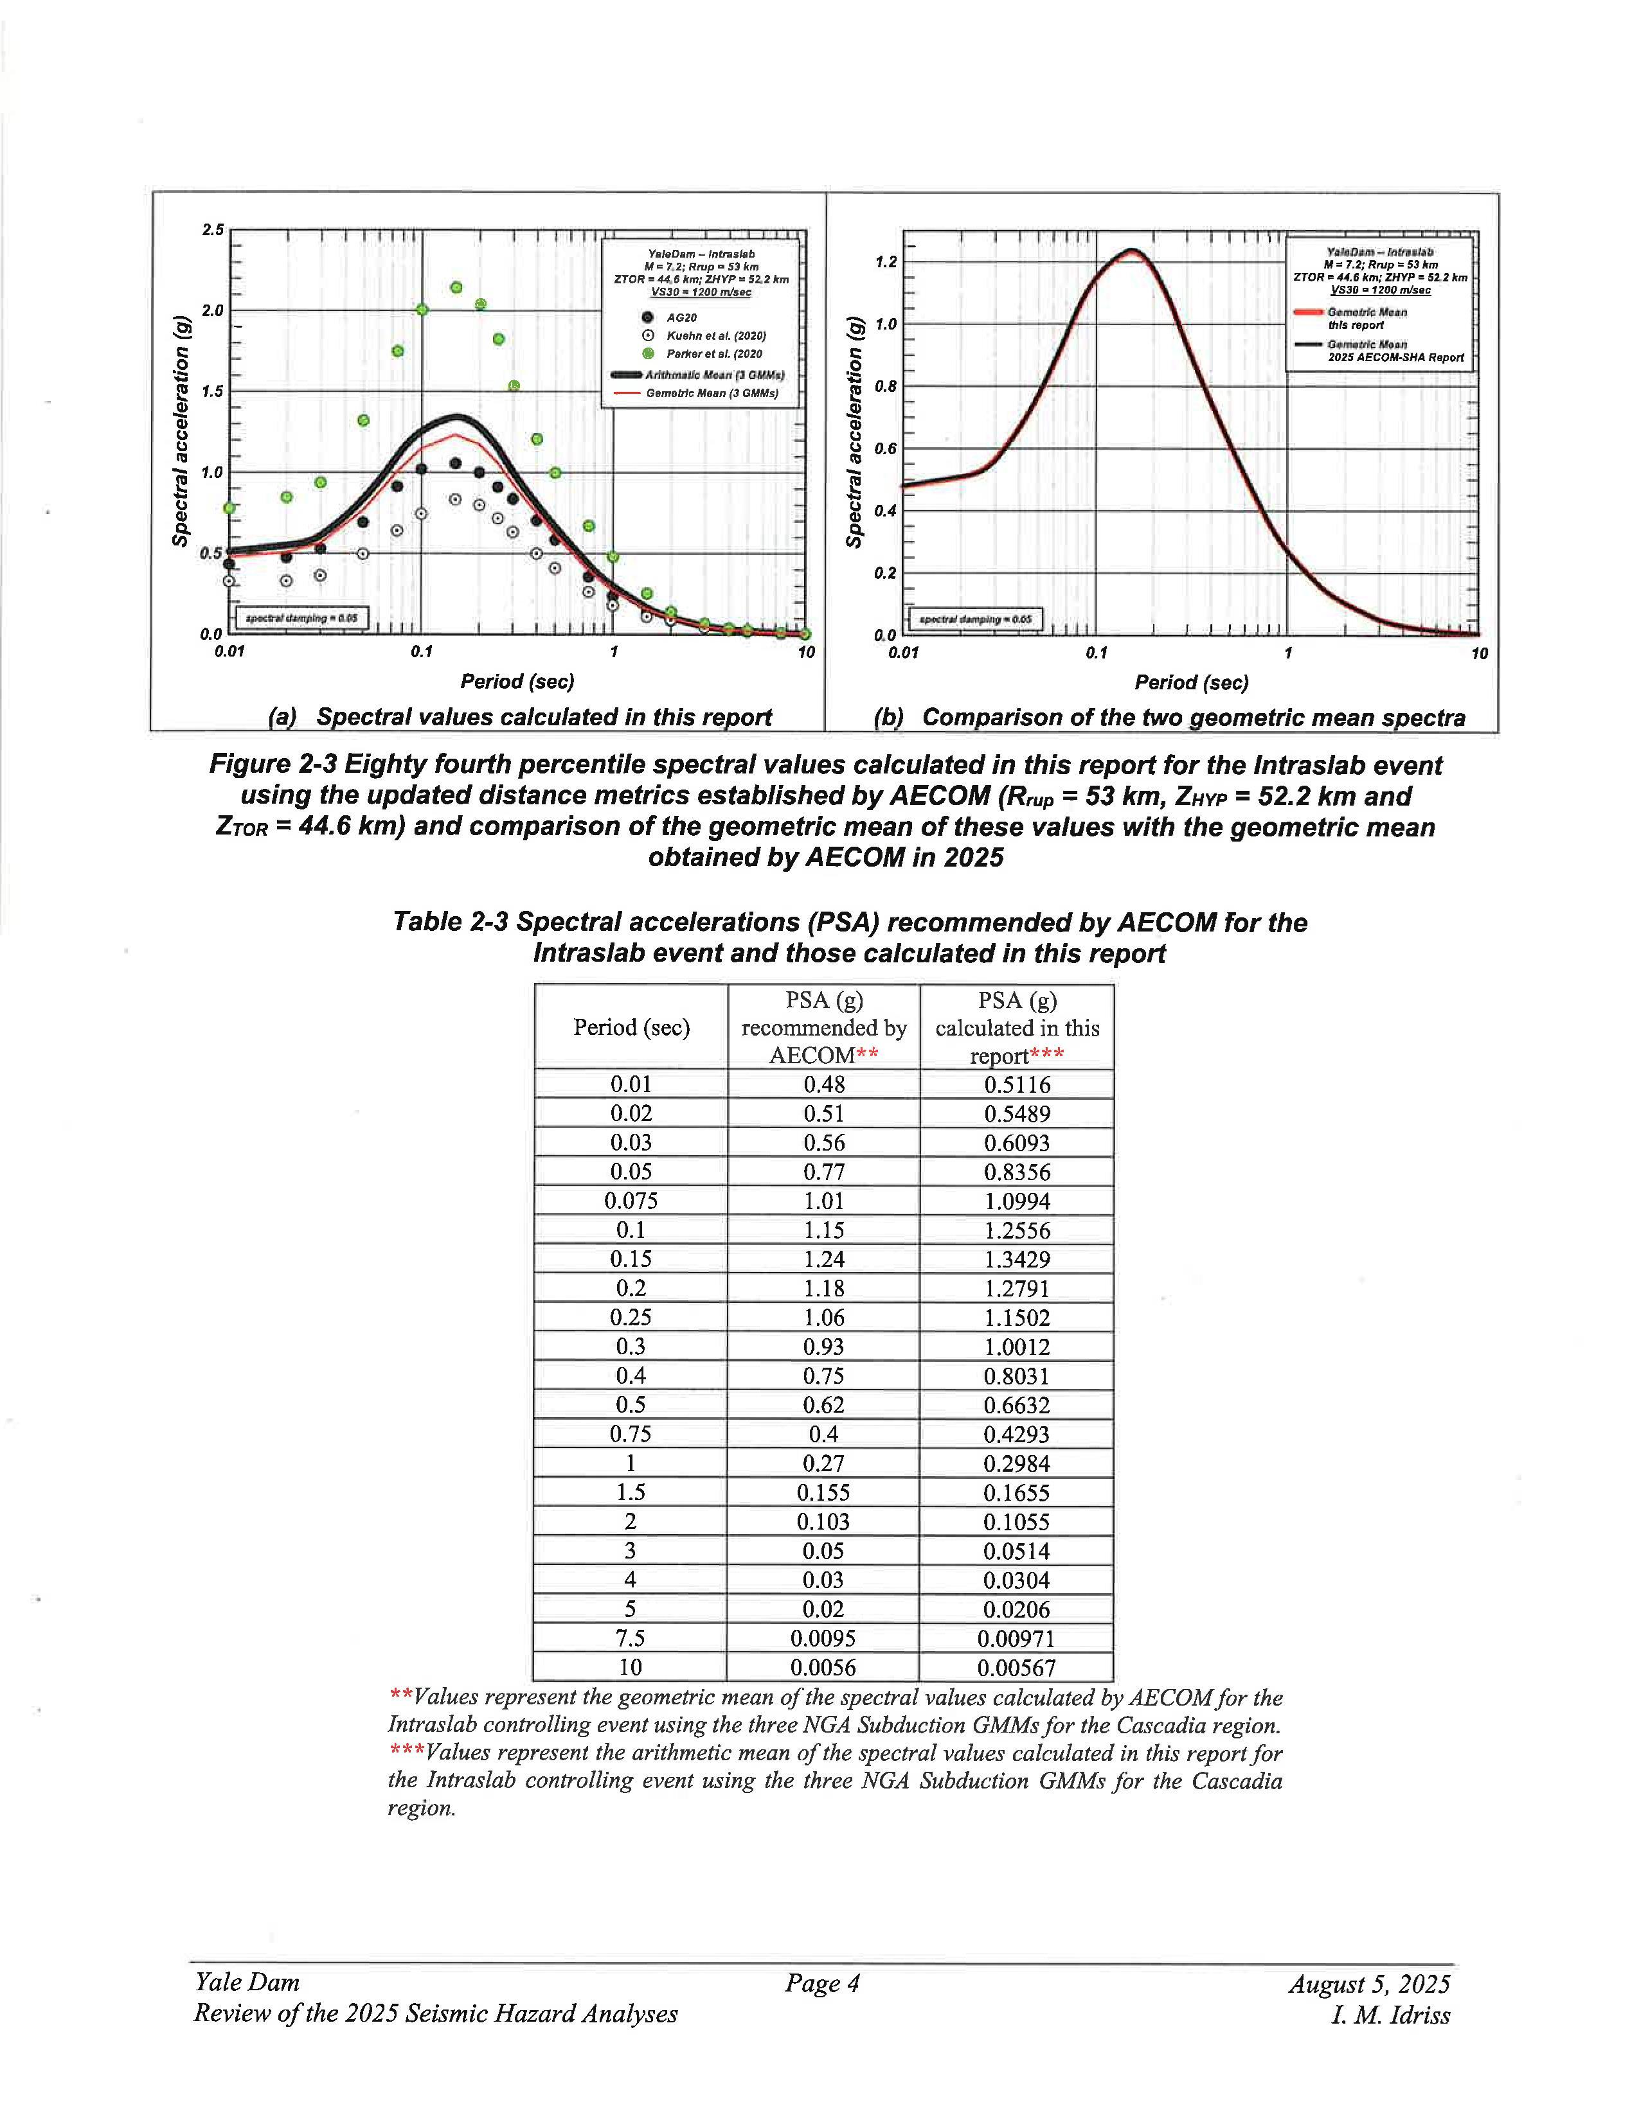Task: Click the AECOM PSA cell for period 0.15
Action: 823,1259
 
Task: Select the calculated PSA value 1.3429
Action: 1017,1259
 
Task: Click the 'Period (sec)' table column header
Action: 631,1027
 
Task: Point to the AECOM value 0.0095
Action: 823,1639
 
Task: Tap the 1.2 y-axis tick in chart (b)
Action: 886,262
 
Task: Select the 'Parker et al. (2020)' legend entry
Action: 713,355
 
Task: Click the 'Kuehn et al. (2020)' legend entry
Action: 715,336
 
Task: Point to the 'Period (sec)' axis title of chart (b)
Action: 1192,682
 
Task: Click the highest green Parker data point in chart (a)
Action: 456,287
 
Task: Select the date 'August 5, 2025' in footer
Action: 1369,1984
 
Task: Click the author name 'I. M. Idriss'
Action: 1390,2015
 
